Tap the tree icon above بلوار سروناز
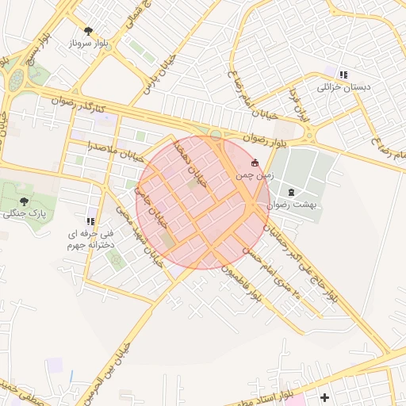pyautogui.click(x=87, y=31)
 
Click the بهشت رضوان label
pyautogui.click(x=292, y=204)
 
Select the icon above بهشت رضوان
pyautogui.click(x=291, y=192)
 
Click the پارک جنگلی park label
pyautogui.click(x=23, y=213)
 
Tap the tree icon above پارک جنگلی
pyautogui.click(x=23, y=201)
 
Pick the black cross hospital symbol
pyautogui.click(x=324, y=396)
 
